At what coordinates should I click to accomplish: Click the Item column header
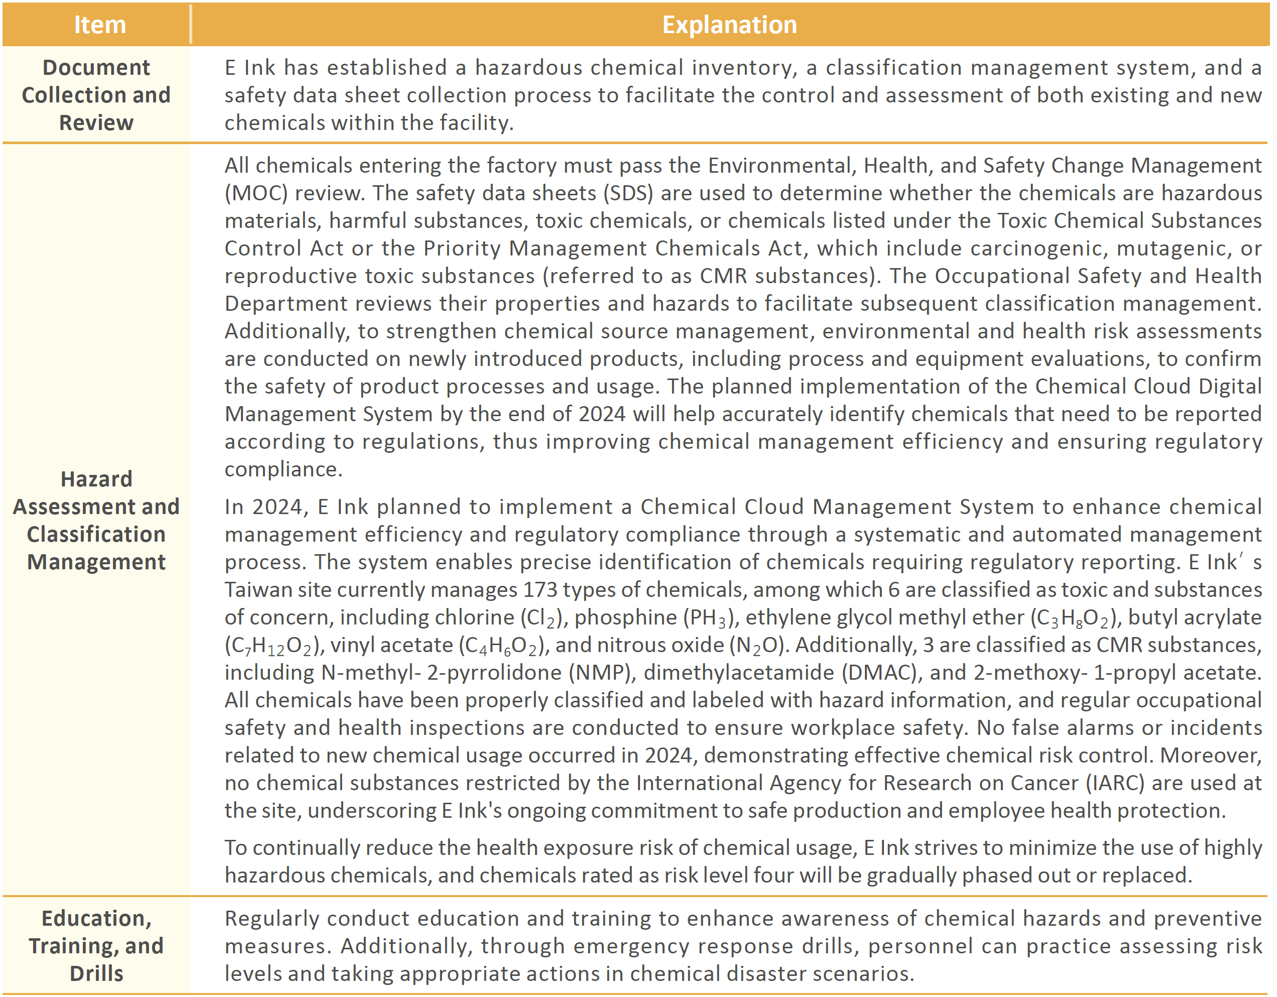click(99, 25)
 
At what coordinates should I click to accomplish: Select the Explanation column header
click(729, 25)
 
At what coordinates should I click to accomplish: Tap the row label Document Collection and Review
click(96, 95)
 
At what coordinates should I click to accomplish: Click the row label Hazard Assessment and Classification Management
click(96, 520)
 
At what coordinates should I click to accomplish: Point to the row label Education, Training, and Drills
click(96, 945)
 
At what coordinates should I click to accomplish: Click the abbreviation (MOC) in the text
click(256, 193)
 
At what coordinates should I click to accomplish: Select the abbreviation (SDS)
click(628, 193)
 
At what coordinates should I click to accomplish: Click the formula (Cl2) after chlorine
click(542, 618)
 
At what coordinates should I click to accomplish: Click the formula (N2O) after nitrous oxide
click(759, 646)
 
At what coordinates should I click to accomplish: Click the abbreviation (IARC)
click(1114, 783)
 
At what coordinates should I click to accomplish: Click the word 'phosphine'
click(625, 617)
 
